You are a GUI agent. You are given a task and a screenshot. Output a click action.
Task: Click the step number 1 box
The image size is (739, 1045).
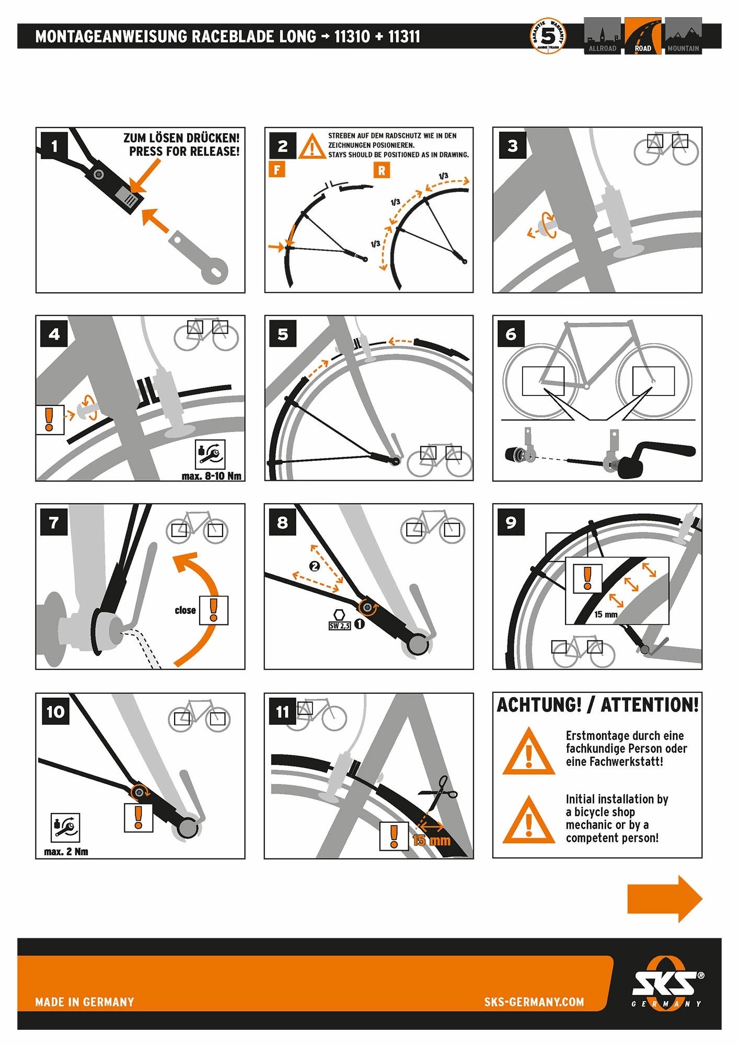click(x=54, y=146)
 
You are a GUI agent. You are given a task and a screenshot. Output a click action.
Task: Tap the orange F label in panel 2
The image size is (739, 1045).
click(x=276, y=169)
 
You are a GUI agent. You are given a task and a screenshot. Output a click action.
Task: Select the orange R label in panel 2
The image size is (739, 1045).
click(x=382, y=170)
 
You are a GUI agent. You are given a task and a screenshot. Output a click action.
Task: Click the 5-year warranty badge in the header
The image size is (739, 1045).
click(x=548, y=36)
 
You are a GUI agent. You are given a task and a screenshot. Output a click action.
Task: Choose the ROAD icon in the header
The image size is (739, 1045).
click(x=642, y=36)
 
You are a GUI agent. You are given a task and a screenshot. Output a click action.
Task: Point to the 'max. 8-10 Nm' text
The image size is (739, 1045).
click(x=211, y=476)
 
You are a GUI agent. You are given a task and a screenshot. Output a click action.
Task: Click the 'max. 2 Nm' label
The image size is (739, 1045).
click(x=66, y=852)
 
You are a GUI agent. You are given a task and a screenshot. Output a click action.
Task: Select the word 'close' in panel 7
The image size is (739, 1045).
click(x=185, y=610)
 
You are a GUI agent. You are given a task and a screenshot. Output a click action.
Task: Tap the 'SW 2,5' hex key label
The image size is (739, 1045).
click(x=339, y=625)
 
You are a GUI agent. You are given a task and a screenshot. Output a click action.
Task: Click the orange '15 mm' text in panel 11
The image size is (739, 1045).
click(x=431, y=841)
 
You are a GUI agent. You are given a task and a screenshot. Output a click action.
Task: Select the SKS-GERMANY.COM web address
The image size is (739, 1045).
click(x=534, y=1002)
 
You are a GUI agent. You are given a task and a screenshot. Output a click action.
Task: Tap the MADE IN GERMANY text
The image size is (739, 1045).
click(x=85, y=1002)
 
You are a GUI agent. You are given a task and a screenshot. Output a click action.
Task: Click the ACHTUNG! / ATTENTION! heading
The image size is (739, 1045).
click(x=597, y=705)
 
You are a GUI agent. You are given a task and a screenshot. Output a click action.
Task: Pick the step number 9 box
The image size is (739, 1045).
click(x=511, y=522)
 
